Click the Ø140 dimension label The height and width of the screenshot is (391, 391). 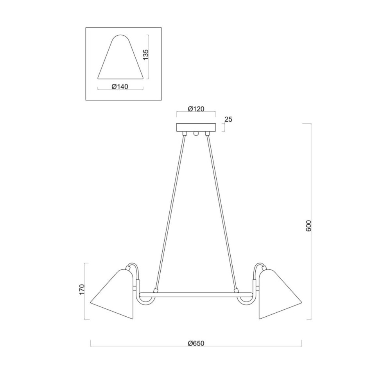click(x=120, y=86)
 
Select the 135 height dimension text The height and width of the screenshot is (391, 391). click(x=145, y=54)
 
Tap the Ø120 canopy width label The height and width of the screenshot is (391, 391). click(x=196, y=109)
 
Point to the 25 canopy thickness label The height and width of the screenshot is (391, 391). click(x=228, y=119)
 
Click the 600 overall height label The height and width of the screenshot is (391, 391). click(x=308, y=226)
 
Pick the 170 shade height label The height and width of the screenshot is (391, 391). click(x=82, y=289)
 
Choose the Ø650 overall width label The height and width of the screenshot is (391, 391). click(x=196, y=343)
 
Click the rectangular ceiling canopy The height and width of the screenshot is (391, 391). click(x=196, y=127)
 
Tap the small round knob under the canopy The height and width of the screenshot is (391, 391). click(x=196, y=134)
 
